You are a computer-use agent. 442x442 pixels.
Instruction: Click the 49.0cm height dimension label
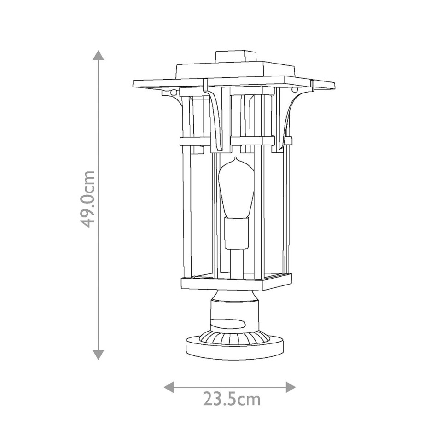pos(87,199)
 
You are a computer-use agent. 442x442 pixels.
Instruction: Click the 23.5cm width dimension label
pos(232,399)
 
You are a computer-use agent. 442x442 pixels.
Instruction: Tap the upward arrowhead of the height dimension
pos(98,56)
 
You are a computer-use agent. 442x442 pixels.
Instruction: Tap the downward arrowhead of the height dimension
pos(98,354)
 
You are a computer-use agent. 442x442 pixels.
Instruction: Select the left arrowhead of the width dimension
pos(169,387)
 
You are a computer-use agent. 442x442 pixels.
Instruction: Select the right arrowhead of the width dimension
pos(290,387)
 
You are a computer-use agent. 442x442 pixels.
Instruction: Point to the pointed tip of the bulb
pos(236,159)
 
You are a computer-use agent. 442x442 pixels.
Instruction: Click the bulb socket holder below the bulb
pos(236,233)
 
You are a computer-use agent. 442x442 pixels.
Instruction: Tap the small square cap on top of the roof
pos(236,57)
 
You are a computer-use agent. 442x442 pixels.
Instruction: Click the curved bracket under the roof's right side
pos(293,110)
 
